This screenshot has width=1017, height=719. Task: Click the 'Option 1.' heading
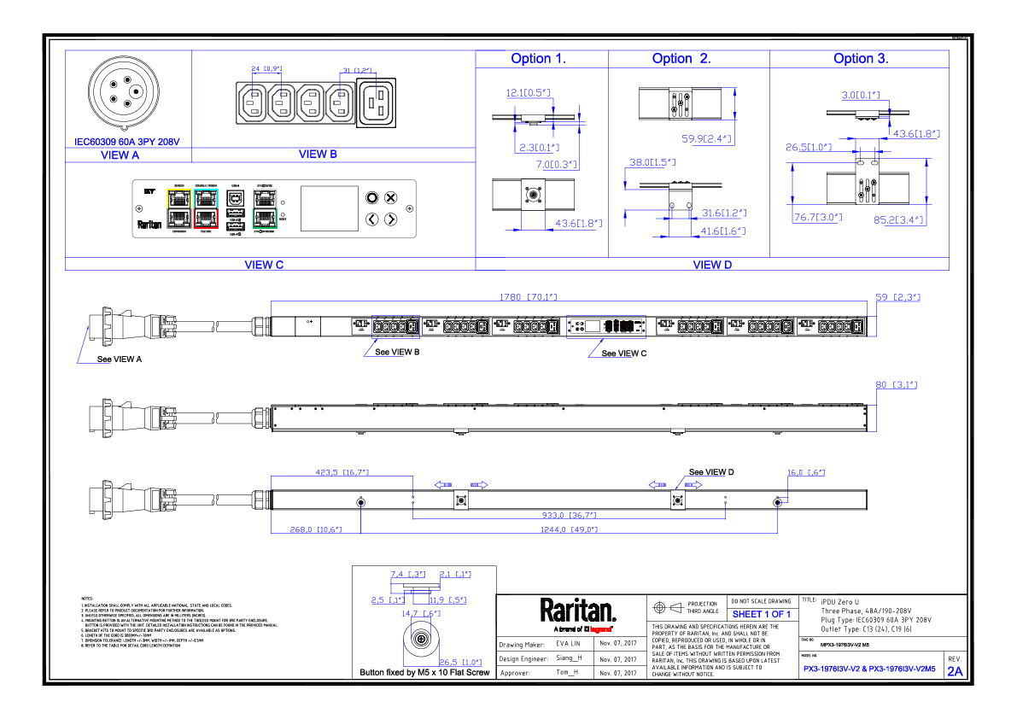(x=538, y=59)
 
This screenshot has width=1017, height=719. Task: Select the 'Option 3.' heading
(x=861, y=59)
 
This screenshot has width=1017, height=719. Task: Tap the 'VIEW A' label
(x=120, y=155)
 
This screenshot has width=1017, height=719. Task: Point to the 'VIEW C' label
(x=264, y=265)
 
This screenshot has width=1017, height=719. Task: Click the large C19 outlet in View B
(x=376, y=102)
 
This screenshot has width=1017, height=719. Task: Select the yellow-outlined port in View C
(x=179, y=198)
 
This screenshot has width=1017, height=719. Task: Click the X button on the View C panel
(x=390, y=198)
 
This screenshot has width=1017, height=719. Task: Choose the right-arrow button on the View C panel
(x=390, y=219)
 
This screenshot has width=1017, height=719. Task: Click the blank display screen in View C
(x=329, y=208)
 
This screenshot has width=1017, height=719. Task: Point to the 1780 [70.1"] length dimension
(x=528, y=297)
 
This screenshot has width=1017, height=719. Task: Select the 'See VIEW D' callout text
(x=711, y=472)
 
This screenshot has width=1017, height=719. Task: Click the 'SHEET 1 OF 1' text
(x=762, y=614)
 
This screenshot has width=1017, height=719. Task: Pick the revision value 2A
(x=955, y=671)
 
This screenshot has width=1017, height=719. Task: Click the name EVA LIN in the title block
(x=568, y=644)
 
